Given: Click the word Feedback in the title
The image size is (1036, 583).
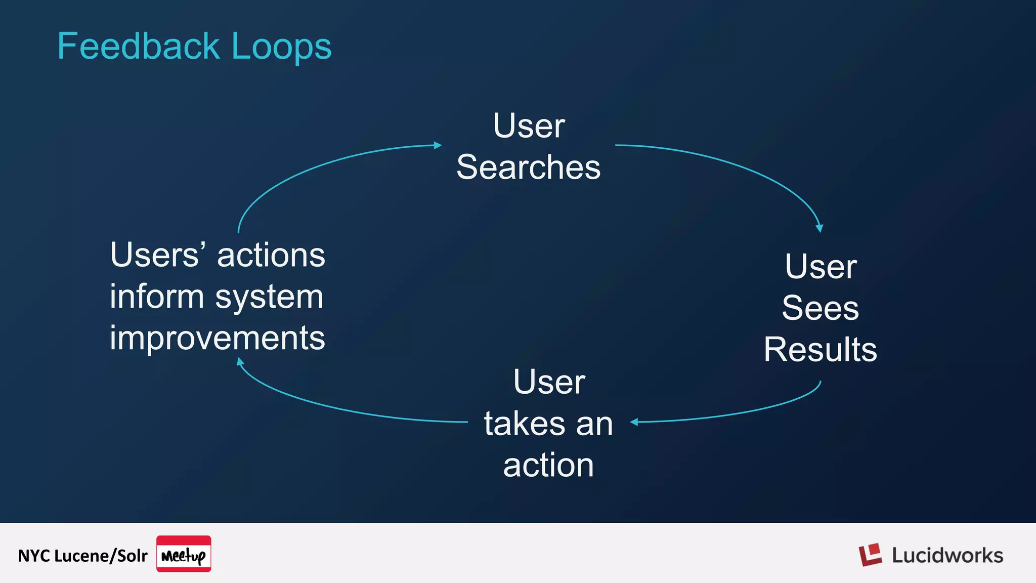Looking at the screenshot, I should (138, 47).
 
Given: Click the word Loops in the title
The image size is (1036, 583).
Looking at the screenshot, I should (281, 47).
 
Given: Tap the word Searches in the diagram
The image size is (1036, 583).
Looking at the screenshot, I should (529, 168).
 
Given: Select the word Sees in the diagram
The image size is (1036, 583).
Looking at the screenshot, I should (820, 308).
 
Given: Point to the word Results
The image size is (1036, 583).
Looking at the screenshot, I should (820, 349).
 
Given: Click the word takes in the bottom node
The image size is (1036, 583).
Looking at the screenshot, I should (524, 424).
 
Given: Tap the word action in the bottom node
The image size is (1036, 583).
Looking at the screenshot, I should (548, 465).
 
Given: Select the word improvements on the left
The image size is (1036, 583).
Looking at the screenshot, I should (218, 338).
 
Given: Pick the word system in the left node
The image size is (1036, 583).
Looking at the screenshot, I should (269, 297).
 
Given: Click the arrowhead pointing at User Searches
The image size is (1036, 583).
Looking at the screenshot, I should (438, 145).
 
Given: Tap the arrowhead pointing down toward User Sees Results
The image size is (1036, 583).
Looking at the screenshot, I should (819, 228).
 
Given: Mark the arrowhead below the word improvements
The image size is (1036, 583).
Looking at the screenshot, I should (240, 361).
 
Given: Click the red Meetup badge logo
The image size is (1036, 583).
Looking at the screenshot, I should (184, 554).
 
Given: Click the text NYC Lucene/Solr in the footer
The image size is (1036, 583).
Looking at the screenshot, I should (82, 556).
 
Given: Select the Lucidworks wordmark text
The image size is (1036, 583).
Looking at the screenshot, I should (947, 556).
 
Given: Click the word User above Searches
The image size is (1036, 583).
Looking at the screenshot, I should (529, 126).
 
